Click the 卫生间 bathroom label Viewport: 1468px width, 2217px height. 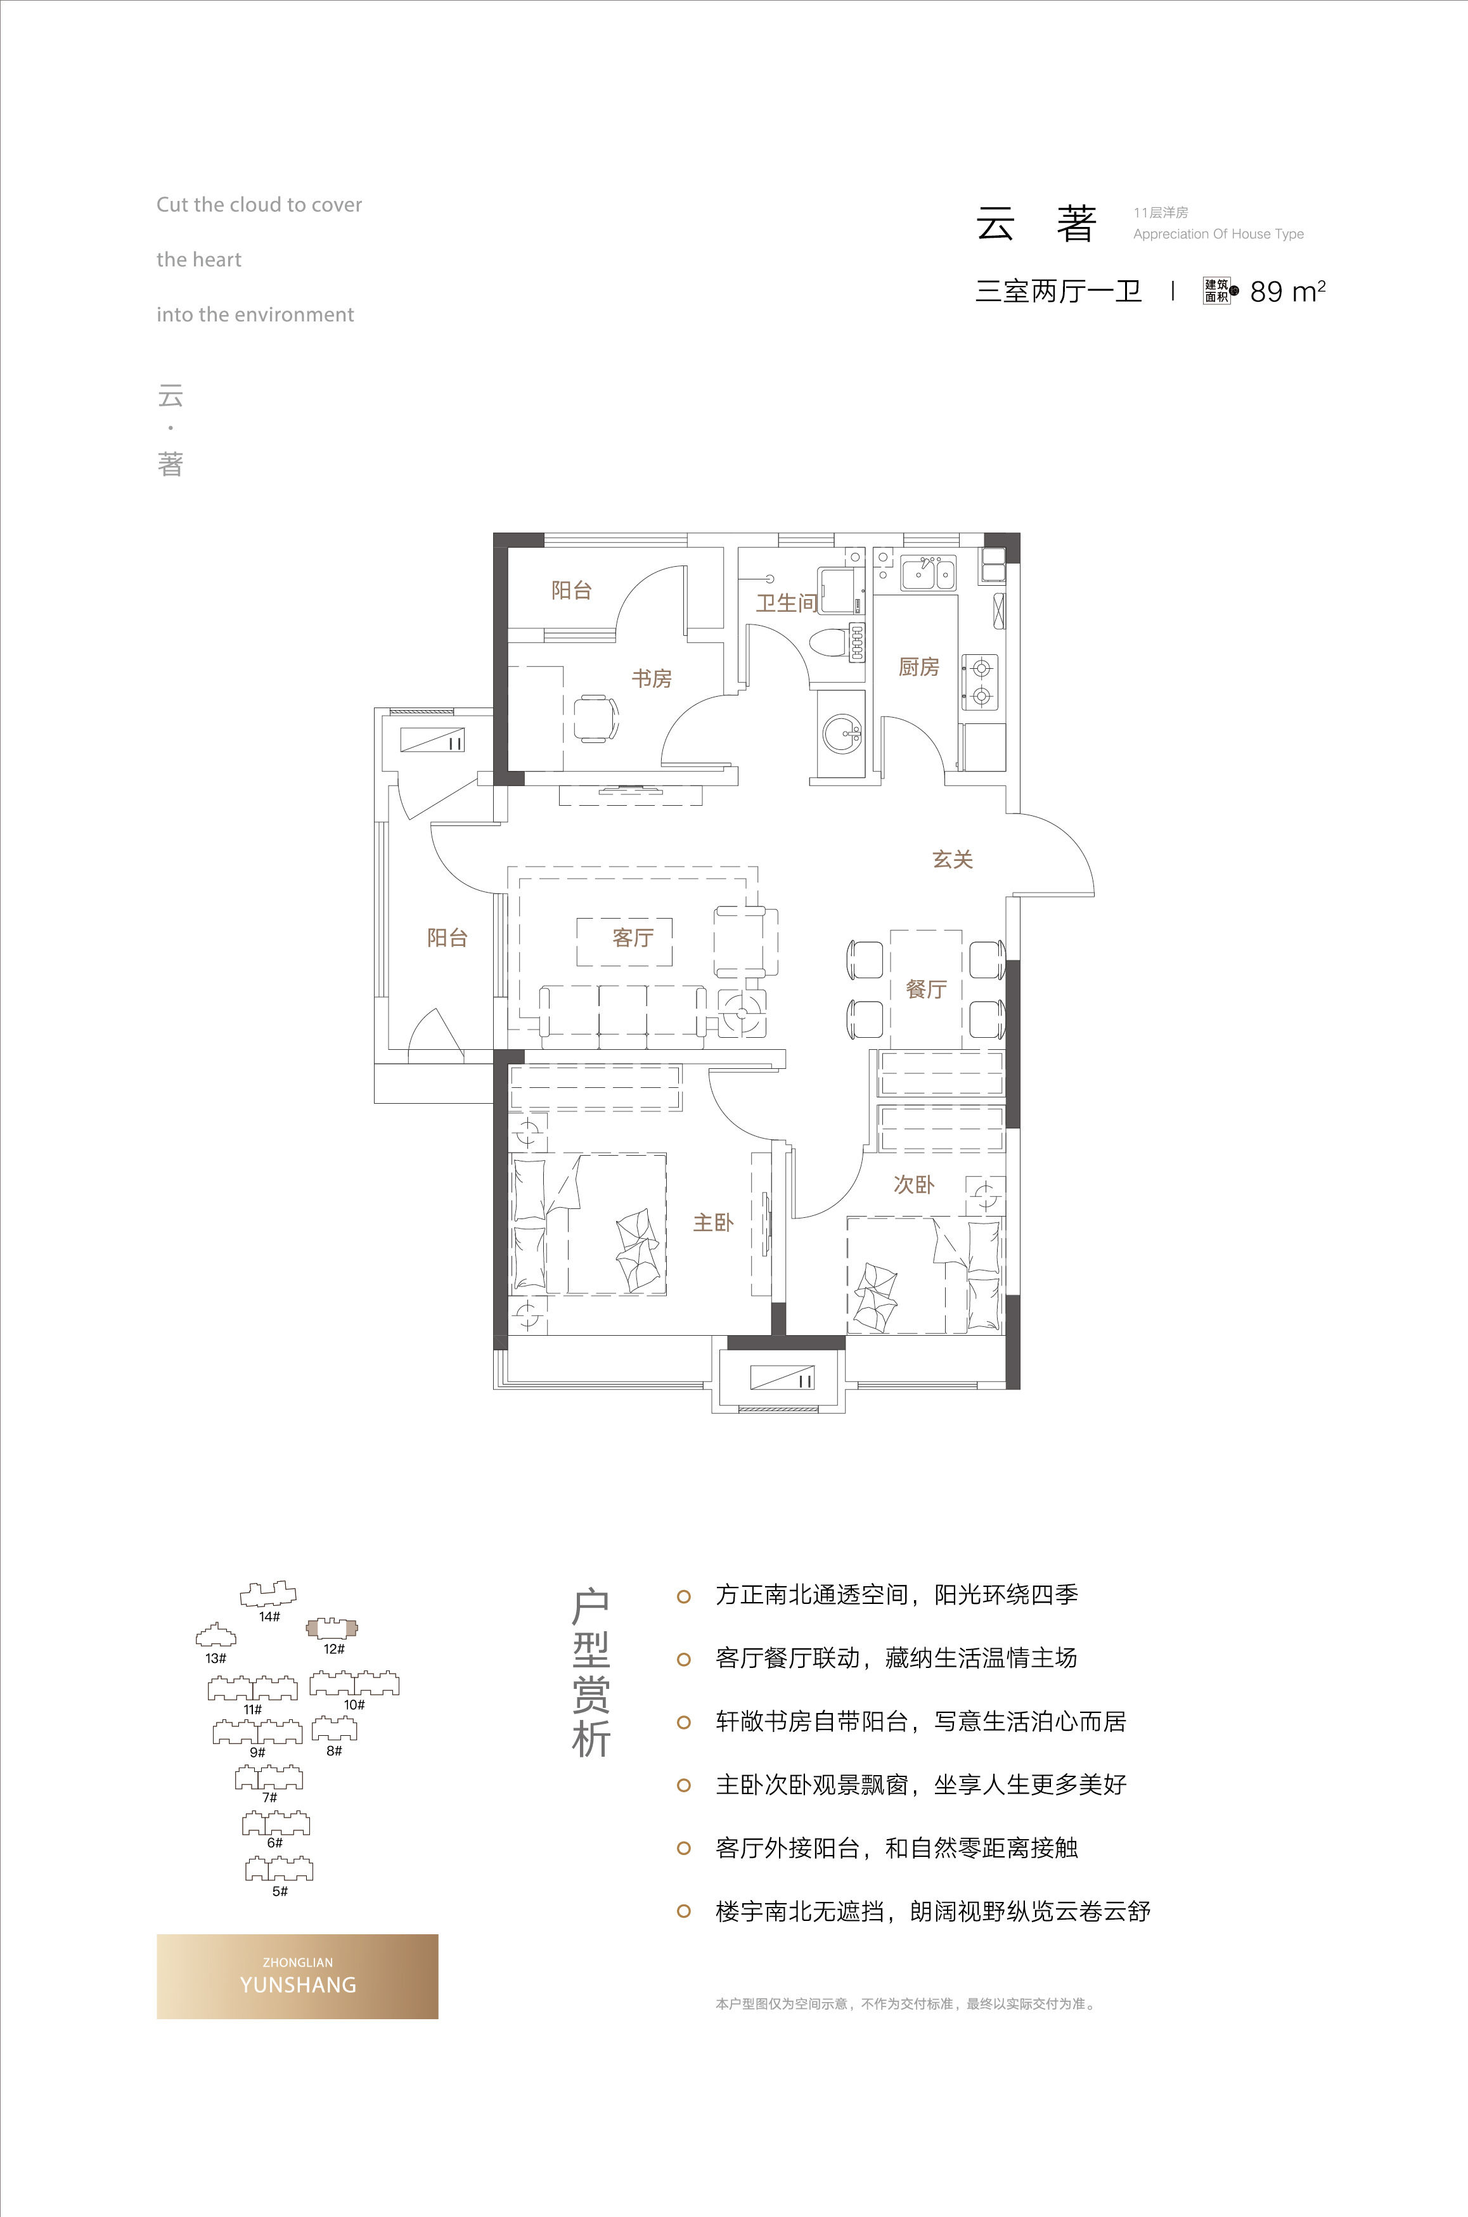coord(787,603)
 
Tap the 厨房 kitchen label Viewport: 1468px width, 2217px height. coord(918,666)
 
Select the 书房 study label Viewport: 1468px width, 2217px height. coord(652,678)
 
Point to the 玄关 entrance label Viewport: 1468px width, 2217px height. coord(953,860)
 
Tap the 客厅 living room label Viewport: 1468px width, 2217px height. coord(633,937)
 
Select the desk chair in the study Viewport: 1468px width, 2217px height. coord(595,719)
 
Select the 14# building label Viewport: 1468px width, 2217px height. coord(269,1617)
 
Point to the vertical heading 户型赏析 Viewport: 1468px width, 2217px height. coord(591,1673)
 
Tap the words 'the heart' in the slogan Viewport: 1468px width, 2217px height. coord(198,259)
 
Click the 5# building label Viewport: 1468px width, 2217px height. coord(280,1891)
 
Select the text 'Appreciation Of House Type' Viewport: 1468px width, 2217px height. coord(1218,234)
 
